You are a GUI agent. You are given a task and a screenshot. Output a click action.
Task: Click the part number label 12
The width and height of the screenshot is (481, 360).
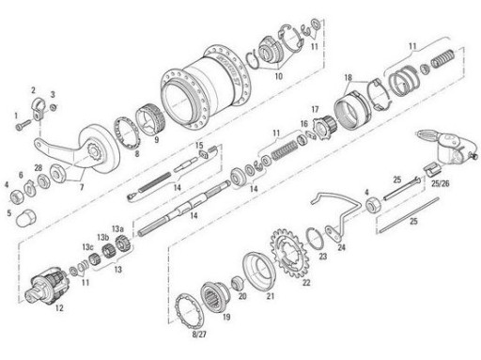[x=59, y=308]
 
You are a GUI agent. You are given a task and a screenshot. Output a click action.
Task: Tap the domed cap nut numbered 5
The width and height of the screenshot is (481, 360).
[x=26, y=217]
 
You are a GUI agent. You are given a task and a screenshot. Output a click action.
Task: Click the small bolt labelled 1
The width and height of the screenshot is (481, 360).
[x=23, y=125]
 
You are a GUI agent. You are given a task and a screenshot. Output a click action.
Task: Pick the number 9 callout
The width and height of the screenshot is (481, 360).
[x=156, y=139]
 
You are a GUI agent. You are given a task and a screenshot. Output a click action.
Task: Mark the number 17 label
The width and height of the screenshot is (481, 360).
[x=315, y=109]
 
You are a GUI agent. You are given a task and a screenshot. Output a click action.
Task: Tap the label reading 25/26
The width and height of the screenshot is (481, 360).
[x=440, y=183]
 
